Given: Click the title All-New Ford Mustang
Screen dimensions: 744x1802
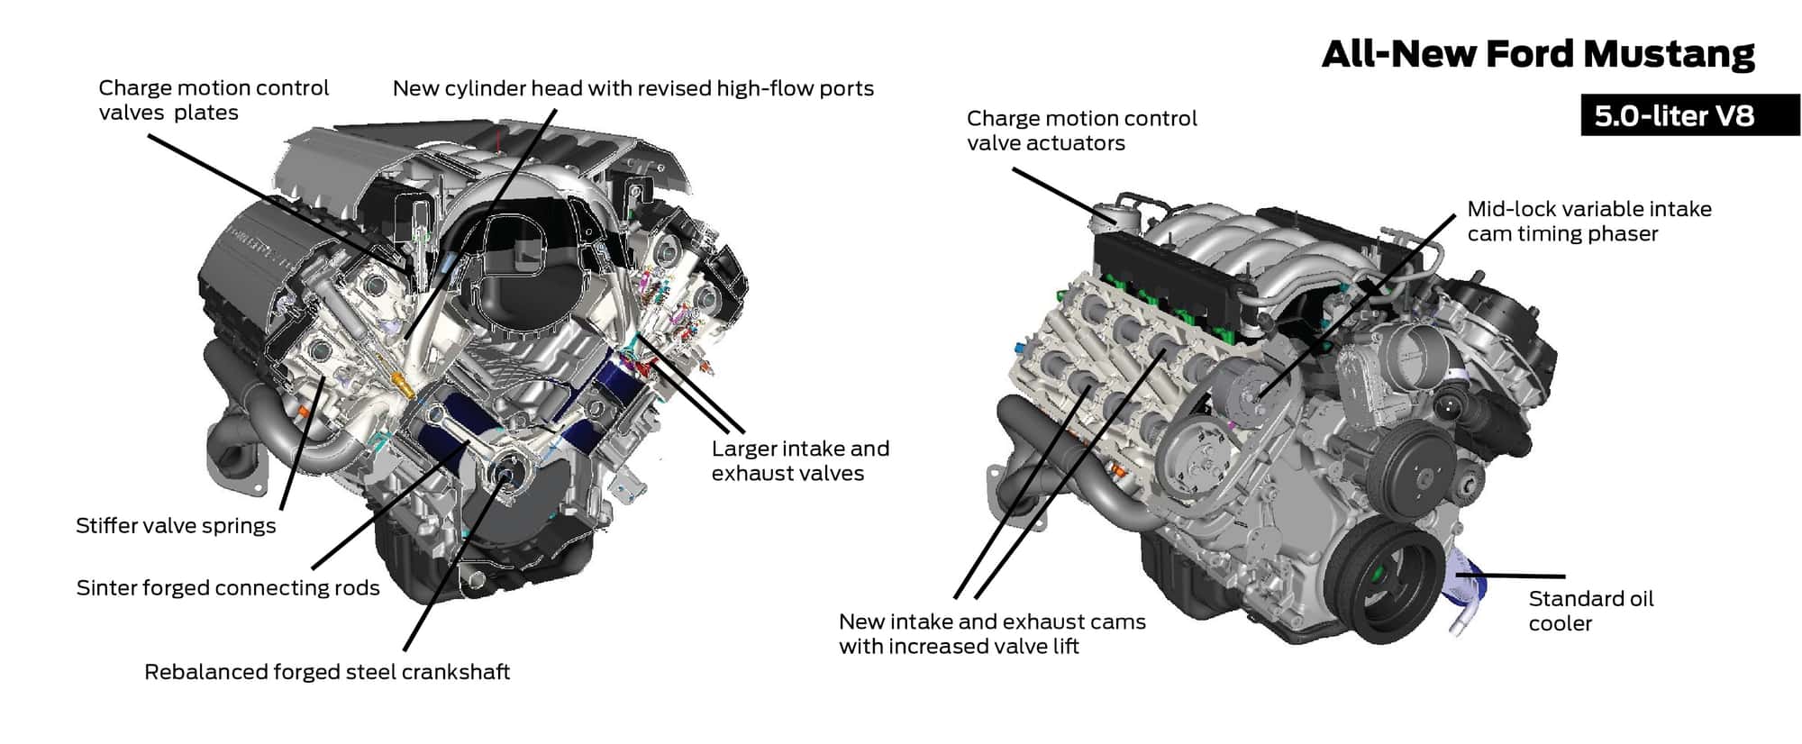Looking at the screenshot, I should [1537, 54].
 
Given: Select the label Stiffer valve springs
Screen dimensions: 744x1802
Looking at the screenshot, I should [176, 526].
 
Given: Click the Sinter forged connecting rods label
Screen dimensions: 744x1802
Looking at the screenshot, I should [228, 588].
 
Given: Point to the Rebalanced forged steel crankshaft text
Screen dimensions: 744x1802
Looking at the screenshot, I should [327, 672].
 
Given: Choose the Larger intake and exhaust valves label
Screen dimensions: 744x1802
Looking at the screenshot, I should [800, 461].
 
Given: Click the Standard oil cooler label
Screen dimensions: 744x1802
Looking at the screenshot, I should [1590, 611].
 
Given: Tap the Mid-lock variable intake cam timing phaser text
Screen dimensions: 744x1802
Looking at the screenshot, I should [1588, 222].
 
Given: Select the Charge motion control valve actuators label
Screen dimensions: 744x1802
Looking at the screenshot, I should [1081, 131].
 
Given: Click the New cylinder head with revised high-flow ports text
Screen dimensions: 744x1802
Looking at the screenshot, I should [633, 88].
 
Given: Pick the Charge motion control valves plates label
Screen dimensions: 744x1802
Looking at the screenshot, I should [214, 100].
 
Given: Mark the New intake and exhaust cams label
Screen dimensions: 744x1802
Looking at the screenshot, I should [991, 633].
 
